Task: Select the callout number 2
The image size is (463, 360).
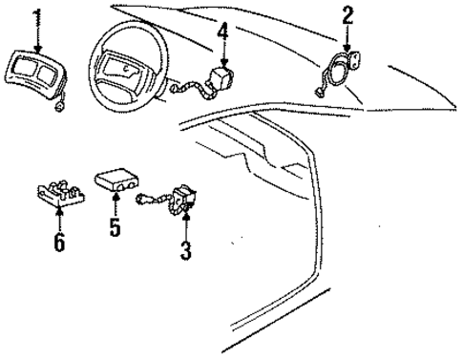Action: click(x=347, y=13)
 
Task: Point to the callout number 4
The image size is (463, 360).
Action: click(x=221, y=32)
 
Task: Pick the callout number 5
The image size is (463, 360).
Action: click(x=115, y=228)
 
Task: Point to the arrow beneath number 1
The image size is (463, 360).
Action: click(x=37, y=38)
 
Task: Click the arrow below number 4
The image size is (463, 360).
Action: click(x=222, y=53)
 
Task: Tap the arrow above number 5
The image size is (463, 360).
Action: click(x=116, y=205)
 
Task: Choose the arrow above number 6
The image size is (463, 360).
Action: click(x=60, y=218)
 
